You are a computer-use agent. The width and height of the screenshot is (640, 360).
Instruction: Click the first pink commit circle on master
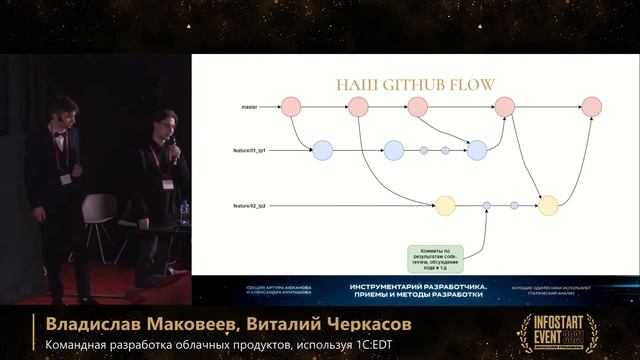coord(291,106)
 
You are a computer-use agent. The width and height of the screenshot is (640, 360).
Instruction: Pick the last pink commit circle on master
coord(591,106)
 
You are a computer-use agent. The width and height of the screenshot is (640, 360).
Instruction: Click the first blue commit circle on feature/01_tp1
coord(322,151)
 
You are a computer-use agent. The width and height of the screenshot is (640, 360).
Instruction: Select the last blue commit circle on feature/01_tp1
coord(476,151)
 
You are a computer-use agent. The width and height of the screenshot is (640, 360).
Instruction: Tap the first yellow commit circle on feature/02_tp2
coord(445,206)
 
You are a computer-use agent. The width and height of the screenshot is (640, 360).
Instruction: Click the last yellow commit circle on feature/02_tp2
coord(547,206)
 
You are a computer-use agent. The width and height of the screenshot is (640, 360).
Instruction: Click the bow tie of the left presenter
coord(61,132)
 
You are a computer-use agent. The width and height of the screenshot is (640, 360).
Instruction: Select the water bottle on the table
coord(184,211)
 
